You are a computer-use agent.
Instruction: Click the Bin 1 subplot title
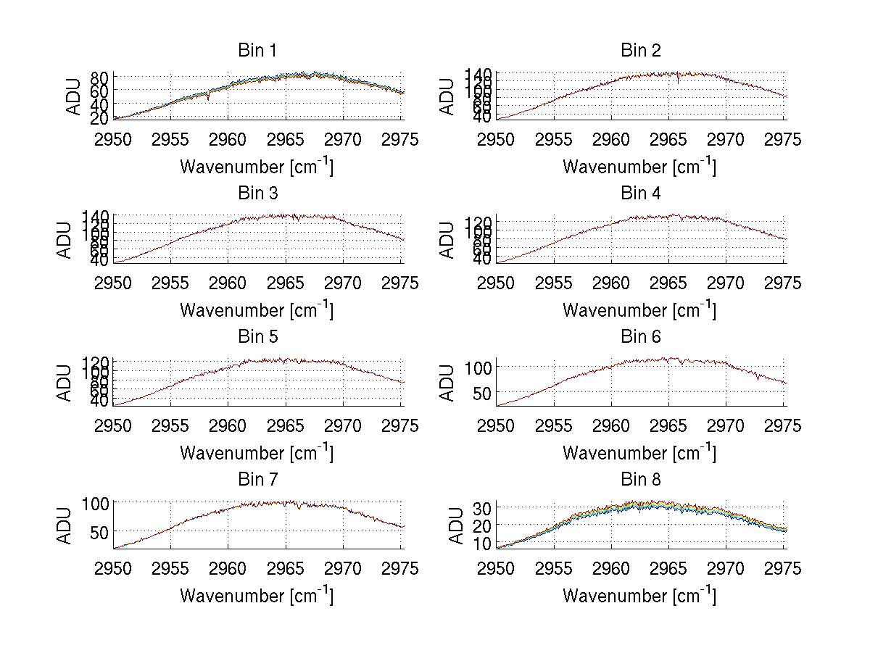coord(257,51)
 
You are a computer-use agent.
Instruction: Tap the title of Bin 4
coord(640,194)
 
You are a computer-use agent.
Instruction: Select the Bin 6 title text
coord(640,337)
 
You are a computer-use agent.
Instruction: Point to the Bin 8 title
coord(640,480)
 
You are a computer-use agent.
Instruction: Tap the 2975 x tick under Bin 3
coord(400,283)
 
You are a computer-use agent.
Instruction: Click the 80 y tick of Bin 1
coord(100,78)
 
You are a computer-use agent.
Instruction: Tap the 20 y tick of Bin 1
coord(100,117)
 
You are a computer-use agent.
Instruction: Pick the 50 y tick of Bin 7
coord(100,532)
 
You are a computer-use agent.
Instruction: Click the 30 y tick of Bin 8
coord(483,507)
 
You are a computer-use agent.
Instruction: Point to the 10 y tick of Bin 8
coord(483,542)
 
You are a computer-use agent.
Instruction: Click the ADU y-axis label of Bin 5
coord(66,383)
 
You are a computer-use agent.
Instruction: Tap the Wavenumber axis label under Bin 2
coord(639,167)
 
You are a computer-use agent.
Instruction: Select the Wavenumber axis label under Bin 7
coord(256,596)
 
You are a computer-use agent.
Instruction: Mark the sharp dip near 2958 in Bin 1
coord(208,98)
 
